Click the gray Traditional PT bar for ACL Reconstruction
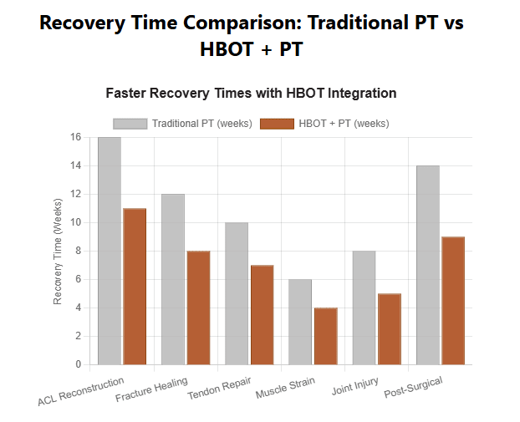tap(110, 251)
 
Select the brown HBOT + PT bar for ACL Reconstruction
tap(135, 286)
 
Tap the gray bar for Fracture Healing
tap(173, 279)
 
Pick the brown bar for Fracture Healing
tap(198, 308)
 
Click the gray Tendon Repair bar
tap(237, 293)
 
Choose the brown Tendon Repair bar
tap(262, 314)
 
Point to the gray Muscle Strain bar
tap(301, 322)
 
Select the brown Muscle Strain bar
tap(325, 336)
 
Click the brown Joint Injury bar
tap(390, 328)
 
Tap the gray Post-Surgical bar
tap(428, 265)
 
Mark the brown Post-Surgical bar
tap(453, 301)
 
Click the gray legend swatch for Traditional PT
tap(130, 124)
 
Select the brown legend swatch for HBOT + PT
tap(278, 124)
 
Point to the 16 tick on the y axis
tap(76, 137)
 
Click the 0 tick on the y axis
tap(79, 364)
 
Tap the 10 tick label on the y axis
tap(76, 222)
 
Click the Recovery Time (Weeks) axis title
tap(58, 251)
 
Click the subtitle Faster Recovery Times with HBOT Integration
tap(251, 93)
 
